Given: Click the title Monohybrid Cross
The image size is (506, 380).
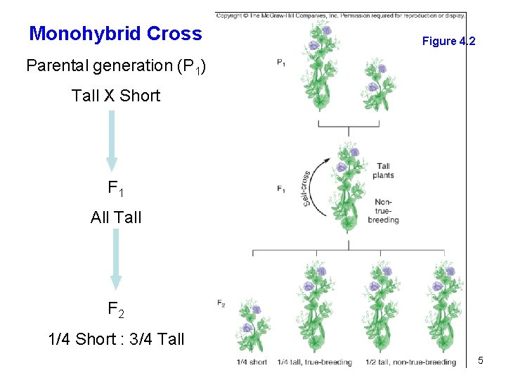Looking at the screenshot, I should [116, 34].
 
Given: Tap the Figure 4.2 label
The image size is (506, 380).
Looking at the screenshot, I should [448, 42].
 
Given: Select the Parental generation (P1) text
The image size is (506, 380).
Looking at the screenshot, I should [116, 67].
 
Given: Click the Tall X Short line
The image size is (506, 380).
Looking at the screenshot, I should [116, 96].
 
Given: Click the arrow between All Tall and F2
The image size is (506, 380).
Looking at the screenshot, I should [116, 260].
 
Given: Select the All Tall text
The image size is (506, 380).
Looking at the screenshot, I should [116, 217].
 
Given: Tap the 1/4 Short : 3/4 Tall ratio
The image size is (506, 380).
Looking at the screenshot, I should [116, 339].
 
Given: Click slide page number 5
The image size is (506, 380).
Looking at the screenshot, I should [481, 361].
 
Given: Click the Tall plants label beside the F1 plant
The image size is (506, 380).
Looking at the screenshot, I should [384, 171].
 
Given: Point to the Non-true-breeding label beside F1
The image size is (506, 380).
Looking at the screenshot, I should [384, 210].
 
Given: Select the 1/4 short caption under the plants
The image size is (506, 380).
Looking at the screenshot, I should [252, 362].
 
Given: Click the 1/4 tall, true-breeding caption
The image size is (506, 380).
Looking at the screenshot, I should [314, 362].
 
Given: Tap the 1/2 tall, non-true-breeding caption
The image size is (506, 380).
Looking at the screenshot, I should [410, 362].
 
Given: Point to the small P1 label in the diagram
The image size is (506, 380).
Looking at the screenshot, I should [281, 63].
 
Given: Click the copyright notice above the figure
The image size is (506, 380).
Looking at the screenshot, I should [340, 15].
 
